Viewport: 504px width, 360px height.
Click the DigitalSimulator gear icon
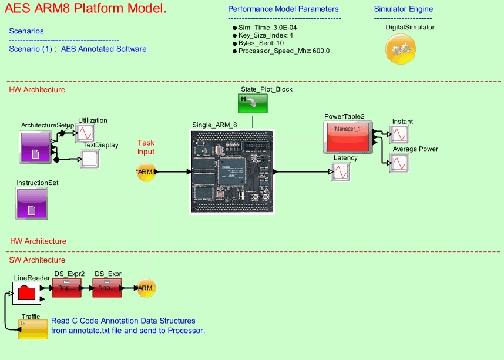[401, 49]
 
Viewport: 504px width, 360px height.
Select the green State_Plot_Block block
[253, 103]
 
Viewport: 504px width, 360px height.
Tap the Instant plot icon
[399, 134]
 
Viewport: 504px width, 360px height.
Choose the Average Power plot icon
[399, 163]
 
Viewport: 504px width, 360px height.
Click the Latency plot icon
[341, 172]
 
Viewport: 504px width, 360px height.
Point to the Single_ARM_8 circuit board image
[233, 171]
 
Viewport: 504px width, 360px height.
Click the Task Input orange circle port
[146, 172]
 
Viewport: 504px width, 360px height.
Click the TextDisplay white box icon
[90, 159]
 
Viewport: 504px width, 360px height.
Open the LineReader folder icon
[27, 292]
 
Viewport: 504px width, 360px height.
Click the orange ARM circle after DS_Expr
[146, 288]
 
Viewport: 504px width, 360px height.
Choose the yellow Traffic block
[33, 329]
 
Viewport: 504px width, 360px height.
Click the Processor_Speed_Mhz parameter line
[284, 51]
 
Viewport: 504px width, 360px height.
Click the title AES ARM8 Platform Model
[86, 9]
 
